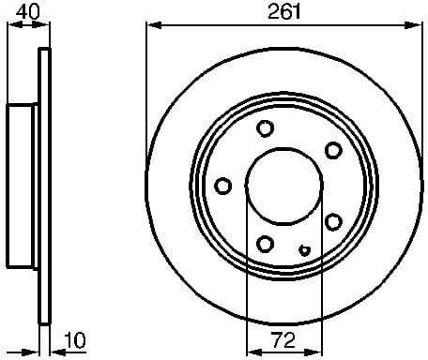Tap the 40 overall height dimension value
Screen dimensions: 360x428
point(27,12)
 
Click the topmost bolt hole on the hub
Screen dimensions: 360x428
point(265,128)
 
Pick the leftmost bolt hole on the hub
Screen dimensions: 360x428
point(222,185)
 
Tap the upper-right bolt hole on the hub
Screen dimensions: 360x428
point(332,149)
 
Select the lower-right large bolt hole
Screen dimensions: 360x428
point(333,221)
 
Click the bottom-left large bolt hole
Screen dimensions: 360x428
point(266,243)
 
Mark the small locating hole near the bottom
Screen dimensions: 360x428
point(303,250)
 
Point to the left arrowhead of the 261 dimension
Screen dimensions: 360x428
point(151,25)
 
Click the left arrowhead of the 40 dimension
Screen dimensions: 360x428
point(10,25)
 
